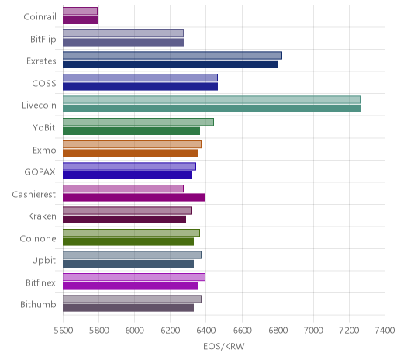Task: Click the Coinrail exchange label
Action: coord(40,17)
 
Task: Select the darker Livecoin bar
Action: coord(212,109)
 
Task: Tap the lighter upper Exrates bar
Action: coord(172,56)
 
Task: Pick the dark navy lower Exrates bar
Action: coord(171,64)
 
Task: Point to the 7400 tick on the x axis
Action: coord(385,330)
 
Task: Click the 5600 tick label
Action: coord(64,330)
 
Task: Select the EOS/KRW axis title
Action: coord(224,347)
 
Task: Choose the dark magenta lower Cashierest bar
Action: coord(134,197)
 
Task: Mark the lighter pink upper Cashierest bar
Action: coord(123,189)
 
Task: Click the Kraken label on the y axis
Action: coord(42,216)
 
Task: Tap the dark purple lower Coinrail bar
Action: coord(81,20)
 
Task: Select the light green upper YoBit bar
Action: coord(138,122)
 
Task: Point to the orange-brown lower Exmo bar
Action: coord(130,153)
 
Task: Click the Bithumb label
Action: coord(38,304)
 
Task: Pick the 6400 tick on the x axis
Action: coord(206,330)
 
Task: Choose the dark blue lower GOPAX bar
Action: coord(127,175)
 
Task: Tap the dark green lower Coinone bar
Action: coord(128,241)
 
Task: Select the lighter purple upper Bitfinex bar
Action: coord(134,277)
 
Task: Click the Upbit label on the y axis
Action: coord(43,261)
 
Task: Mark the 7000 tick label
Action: coord(313,330)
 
